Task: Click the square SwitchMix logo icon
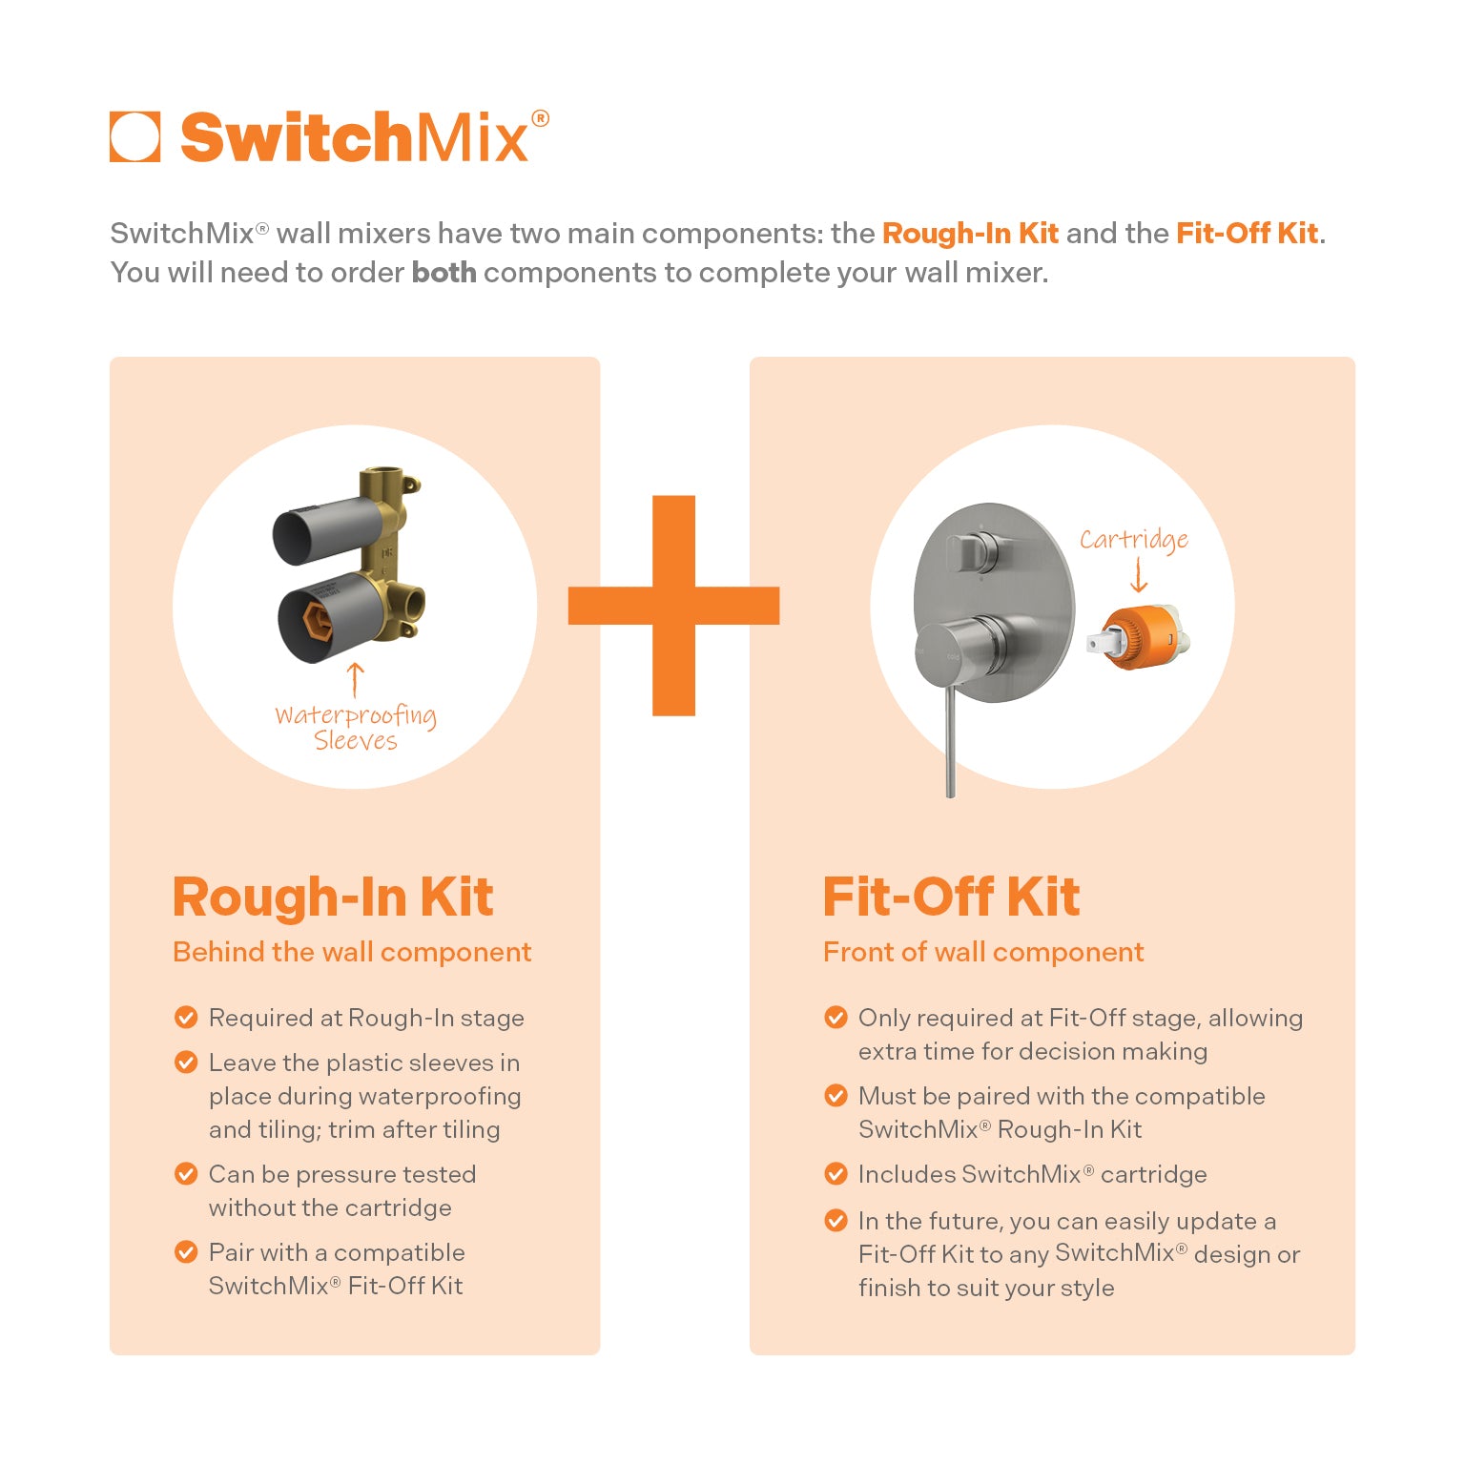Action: (134, 137)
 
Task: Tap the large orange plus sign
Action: (673, 606)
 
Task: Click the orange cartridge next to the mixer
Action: (1139, 637)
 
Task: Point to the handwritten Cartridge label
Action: (1134, 540)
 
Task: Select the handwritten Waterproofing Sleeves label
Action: (356, 728)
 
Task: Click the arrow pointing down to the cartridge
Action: (1138, 575)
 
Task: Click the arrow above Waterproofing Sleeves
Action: (355, 679)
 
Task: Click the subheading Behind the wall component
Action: (352, 952)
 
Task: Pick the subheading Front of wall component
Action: (983, 952)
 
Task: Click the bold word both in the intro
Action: (444, 272)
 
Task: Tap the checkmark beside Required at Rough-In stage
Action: (186, 1018)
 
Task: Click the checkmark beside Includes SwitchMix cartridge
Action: (836, 1174)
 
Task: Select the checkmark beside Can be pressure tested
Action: (186, 1174)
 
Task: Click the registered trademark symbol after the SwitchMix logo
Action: (540, 119)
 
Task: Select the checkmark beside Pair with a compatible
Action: (186, 1252)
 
